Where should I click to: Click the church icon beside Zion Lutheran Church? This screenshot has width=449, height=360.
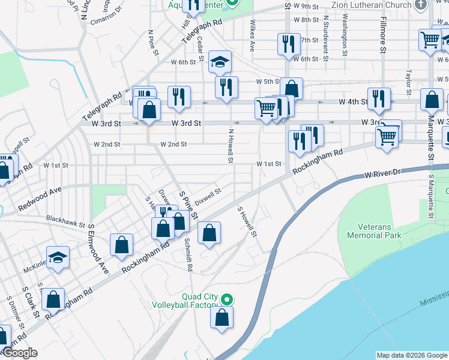tap(421, 5)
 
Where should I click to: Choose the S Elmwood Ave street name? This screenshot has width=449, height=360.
tap(98, 249)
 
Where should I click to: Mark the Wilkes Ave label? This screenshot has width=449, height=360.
tap(252, 37)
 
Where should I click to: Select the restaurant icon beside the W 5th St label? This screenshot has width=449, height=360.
tap(226, 86)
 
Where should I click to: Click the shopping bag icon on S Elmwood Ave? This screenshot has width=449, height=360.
tap(121, 244)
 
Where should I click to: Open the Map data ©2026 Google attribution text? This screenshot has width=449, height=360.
tap(412, 355)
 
